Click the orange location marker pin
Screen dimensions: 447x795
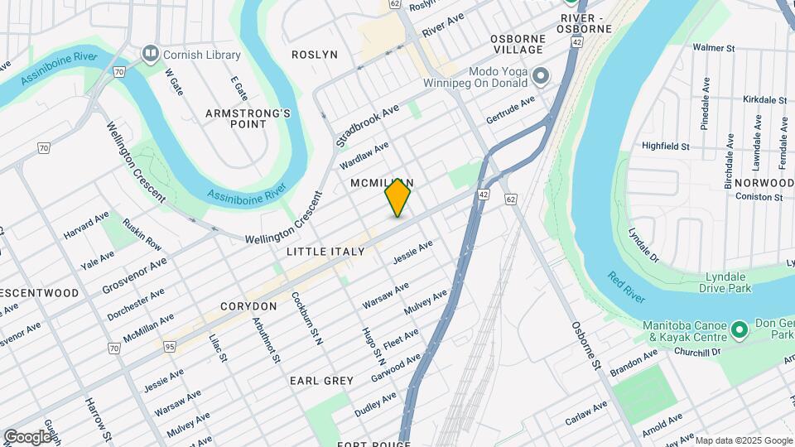tap(397, 199)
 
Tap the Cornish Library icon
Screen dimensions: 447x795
tap(150, 55)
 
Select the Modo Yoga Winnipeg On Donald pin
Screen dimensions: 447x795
tap(542, 78)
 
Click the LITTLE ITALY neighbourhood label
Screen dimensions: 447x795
tap(325, 251)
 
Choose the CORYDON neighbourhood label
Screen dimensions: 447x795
tap(248, 306)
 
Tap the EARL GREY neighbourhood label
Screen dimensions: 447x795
tap(321, 381)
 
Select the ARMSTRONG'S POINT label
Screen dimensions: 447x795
tap(236, 118)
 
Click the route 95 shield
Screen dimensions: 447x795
tap(169, 346)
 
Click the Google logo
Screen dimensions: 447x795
tap(27, 436)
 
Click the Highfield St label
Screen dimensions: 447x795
tap(666, 147)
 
